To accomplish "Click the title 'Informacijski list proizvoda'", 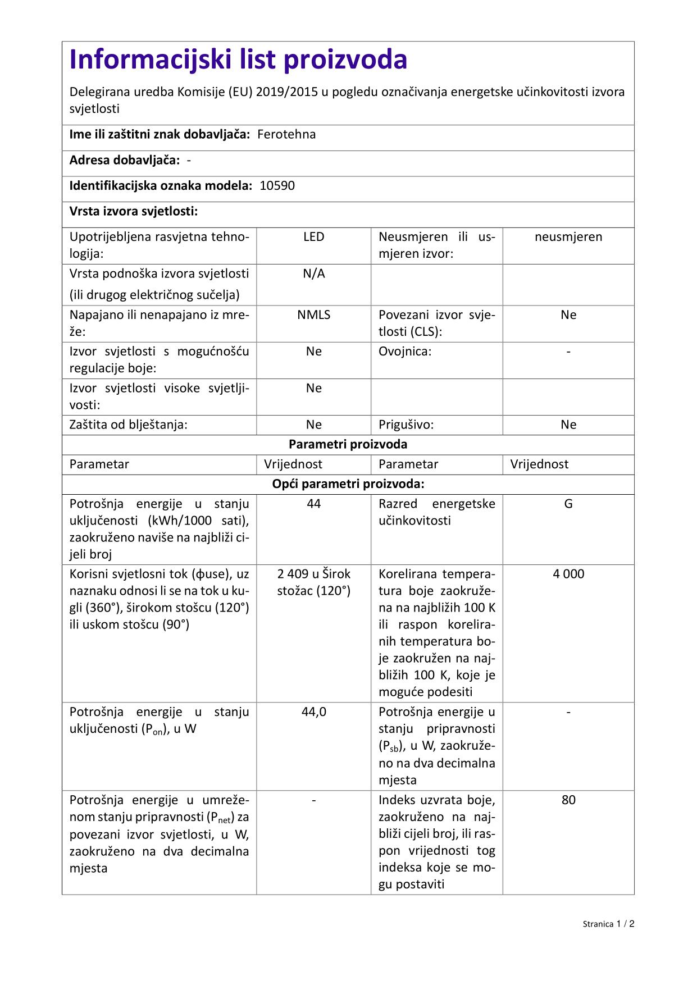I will click(x=238, y=60).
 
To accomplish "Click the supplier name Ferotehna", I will click(x=286, y=134).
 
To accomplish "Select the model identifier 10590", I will click(x=277, y=186).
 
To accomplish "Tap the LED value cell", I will click(x=313, y=237).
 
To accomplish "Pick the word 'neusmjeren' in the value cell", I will click(x=568, y=237).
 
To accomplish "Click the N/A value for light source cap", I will click(x=313, y=273).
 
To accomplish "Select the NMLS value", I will click(x=313, y=314).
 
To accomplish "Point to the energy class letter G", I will click(x=568, y=504).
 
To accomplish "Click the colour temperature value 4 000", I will click(x=568, y=574).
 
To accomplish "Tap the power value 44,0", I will click(x=313, y=712).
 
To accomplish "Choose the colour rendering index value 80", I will click(x=568, y=800).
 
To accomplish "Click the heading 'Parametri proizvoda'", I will click(x=348, y=444).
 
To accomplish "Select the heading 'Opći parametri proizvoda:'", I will click(x=348, y=484).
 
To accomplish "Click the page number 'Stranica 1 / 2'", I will click(x=608, y=924).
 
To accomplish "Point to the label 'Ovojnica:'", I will click(x=405, y=352).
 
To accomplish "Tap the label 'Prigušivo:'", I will click(x=406, y=425).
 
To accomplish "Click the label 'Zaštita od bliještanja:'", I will click(x=128, y=425).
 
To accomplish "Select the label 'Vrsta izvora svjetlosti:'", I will click(x=134, y=211).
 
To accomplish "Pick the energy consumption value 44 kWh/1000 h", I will click(x=313, y=504).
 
